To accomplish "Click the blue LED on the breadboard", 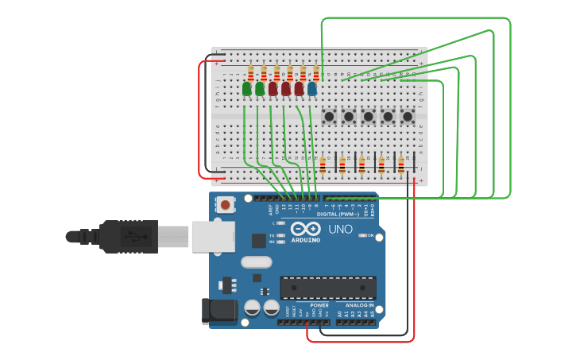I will (312, 89).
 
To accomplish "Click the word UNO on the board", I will (340, 230).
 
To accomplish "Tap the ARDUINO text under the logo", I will (305, 240).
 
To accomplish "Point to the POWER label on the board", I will (319, 305).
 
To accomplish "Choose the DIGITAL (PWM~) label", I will (338, 214).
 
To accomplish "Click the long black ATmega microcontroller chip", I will (328, 288).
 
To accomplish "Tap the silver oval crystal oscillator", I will (256, 261).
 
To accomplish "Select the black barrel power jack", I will (220, 311).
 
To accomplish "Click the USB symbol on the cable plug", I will (130, 236).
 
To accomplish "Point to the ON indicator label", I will (370, 235).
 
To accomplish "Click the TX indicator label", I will (272, 236).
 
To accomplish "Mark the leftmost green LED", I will (247, 89).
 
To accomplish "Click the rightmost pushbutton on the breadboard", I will (408, 117).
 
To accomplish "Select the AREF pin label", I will (270, 209).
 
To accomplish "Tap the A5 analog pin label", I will (372, 315).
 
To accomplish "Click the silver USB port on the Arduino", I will (213, 236).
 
